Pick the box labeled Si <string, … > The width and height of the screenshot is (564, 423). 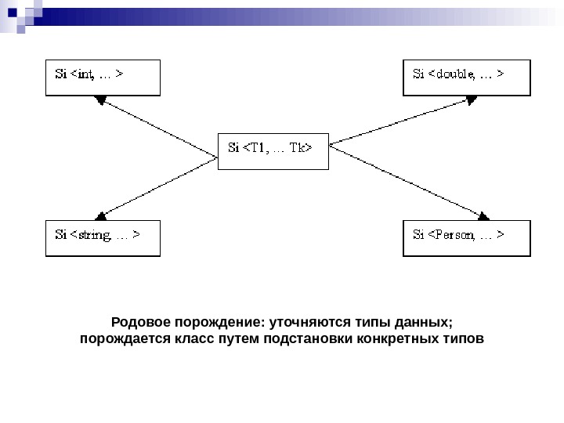tap(103, 238)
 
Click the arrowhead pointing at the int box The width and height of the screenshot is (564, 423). tap(100, 99)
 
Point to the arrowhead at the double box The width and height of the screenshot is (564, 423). tap(472, 99)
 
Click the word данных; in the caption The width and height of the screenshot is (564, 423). tap(423, 323)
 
